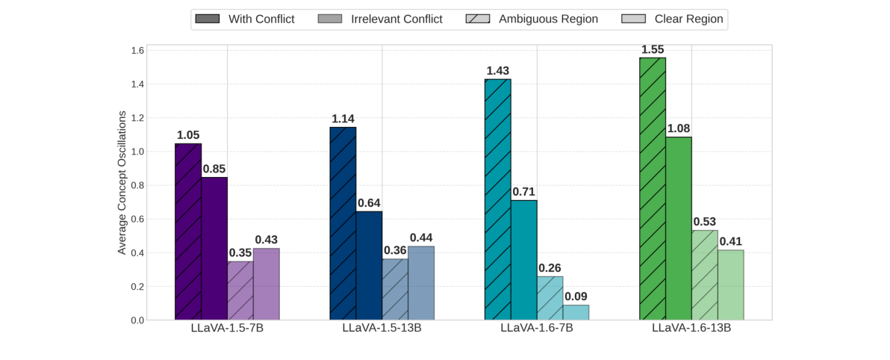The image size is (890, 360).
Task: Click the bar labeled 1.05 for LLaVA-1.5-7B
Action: click(188, 232)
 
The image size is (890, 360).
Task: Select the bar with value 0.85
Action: click(214, 249)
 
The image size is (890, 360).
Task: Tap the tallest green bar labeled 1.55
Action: click(653, 189)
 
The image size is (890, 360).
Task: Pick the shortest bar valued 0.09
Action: click(576, 312)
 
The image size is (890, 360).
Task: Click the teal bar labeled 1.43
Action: click(498, 199)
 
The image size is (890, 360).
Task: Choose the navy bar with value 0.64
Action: click(369, 266)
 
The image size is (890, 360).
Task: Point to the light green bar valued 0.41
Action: click(730, 285)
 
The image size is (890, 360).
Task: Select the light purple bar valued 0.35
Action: click(240, 291)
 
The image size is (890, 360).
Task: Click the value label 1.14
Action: click(343, 119)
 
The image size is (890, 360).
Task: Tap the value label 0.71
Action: click(524, 192)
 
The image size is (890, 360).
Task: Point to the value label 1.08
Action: click(679, 128)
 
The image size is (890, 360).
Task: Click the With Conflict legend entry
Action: click(244, 19)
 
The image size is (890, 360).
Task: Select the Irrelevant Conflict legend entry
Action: click(380, 19)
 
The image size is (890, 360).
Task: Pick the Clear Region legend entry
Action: click(672, 19)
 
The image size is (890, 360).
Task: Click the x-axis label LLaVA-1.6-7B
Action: click(537, 329)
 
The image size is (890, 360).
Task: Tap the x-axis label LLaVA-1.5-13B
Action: click(382, 329)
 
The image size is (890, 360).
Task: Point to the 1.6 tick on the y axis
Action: click(137, 51)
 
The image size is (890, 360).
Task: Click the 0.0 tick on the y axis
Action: click(137, 320)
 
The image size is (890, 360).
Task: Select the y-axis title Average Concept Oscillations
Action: click(122, 183)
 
